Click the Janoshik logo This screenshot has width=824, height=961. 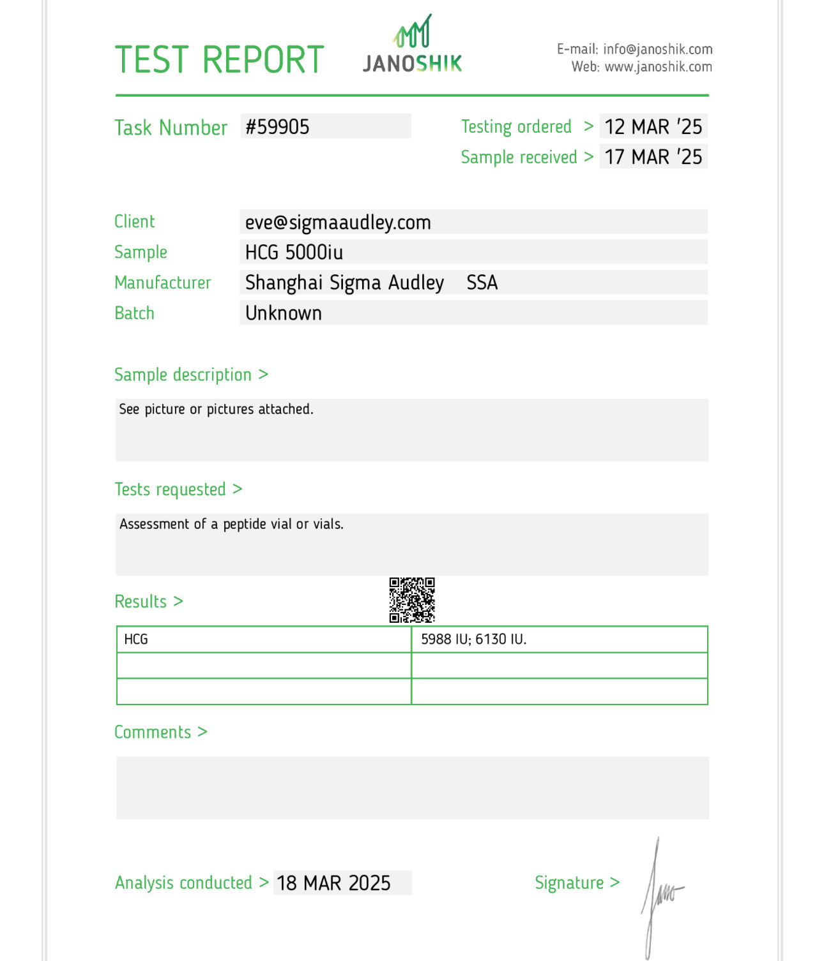[412, 45]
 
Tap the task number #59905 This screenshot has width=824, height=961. [278, 127]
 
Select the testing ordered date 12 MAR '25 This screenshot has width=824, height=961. [653, 127]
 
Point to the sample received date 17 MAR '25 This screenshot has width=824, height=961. [653, 157]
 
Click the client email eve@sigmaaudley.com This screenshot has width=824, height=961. [338, 222]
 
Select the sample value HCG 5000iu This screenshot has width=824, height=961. [294, 253]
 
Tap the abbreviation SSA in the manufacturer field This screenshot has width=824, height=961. [482, 283]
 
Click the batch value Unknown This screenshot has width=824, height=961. [284, 313]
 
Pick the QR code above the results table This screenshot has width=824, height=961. [412, 600]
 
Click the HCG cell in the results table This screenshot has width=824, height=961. [136, 639]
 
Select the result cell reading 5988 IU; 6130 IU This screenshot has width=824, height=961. [473, 639]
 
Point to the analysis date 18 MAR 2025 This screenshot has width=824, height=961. [333, 883]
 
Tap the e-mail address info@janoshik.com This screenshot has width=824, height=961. [657, 49]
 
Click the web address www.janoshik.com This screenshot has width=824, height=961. [658, 67]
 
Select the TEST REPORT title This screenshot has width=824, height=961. [219, 60]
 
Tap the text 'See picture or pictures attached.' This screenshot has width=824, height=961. [216, 409]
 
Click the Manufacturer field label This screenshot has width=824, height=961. [162, 283]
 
